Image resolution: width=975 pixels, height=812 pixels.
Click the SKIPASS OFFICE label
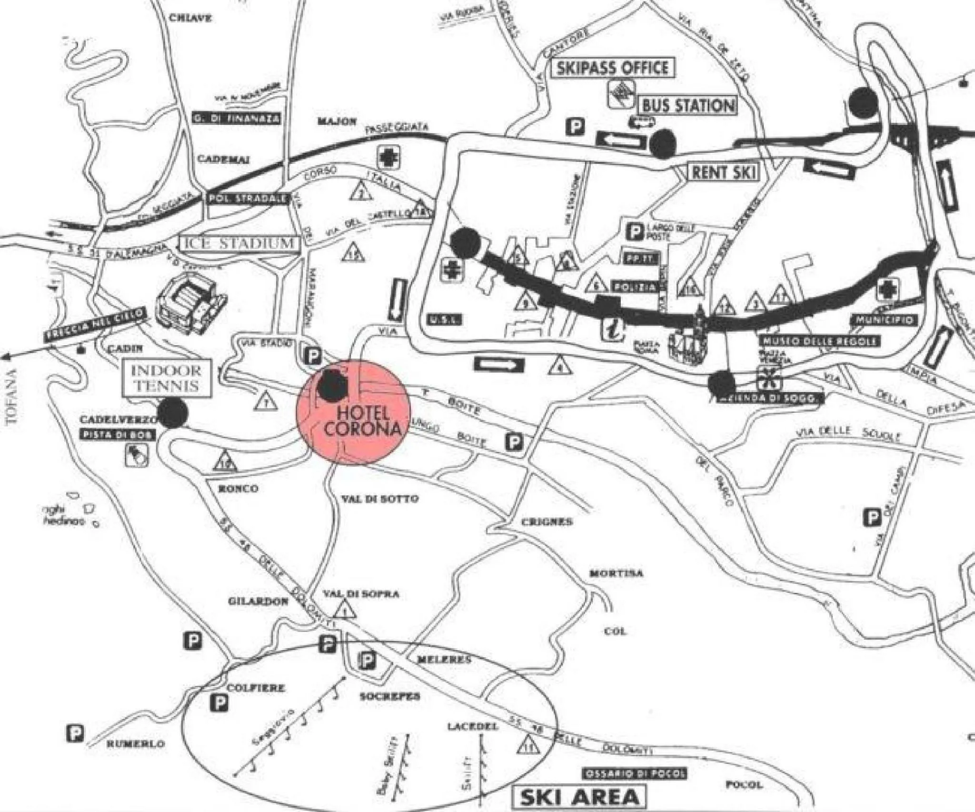pyautogui.click(x=612, y=68)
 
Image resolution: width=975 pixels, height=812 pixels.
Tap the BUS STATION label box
pyautogui.click(x=688, y=105)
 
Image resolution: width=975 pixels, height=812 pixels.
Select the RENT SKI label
pyautogui.click(x=724, y=172)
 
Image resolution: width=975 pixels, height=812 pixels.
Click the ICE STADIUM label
pyautogui.click(x=239, y=243)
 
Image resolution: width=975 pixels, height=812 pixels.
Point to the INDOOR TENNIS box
pyautogui.click(x=166, y=378)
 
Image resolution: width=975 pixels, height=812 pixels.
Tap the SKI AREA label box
pyautogui.click(x=579, y=797)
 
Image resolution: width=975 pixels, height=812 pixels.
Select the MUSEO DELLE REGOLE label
pyautogui.click(x=819, y=341)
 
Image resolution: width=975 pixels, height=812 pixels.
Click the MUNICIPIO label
pyautogui.click(x=885, y=320)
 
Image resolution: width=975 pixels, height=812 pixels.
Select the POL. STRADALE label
pyautogui.click(x=248, y=198)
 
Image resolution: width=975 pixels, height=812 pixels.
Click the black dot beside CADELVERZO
pyautogui.click(x=172, y=412)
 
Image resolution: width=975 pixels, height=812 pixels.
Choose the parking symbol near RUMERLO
pyautogui.click(x=76, y=733)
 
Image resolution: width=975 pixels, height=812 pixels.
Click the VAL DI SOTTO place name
pyautogui.click(x=380, y=499)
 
